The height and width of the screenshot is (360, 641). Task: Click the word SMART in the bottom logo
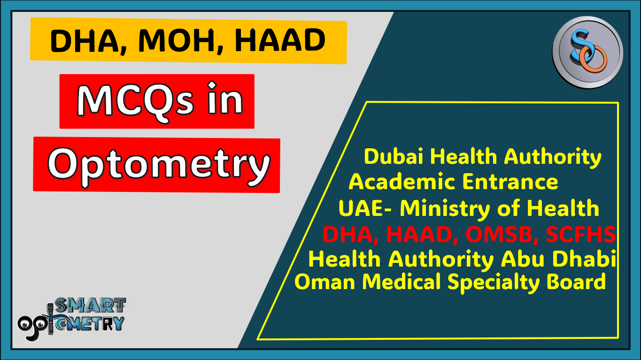90,306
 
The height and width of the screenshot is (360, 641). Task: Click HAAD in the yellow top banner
280,41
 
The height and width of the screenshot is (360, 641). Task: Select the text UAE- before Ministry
365,208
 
